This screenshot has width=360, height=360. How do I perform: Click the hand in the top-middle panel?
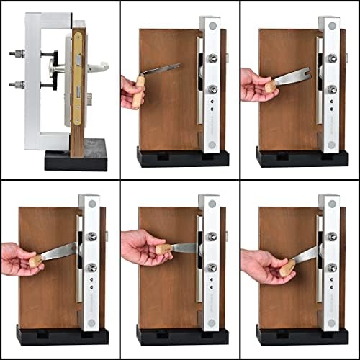(x=132, y=90)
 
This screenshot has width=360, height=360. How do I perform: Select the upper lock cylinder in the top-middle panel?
(x=212, y=59)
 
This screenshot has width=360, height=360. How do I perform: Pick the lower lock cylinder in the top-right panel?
(x=332, y=89)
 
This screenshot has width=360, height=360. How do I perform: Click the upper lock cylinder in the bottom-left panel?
(x=92, y=236)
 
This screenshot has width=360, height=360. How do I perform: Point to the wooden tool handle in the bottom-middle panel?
(x=163, y=250)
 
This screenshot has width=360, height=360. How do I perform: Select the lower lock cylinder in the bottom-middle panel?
(x=212, y=268)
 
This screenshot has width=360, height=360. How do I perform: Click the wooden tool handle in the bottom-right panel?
(x=287, y=268)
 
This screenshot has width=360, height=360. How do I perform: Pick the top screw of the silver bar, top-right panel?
(x=330, y=27)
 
